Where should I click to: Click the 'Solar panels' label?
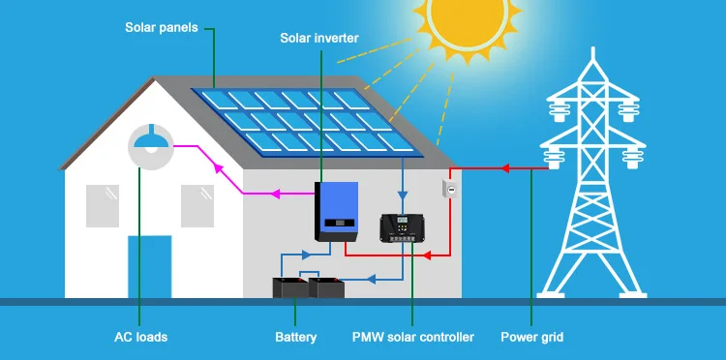click(161, 27)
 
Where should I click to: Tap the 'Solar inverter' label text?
click(319, 38)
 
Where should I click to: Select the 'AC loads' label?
click(140, 337)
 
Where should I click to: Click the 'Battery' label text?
click(296, 337)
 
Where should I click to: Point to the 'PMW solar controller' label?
click(413, 337)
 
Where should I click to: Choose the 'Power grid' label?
click(532, 337)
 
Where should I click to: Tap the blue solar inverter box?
click(337, 212)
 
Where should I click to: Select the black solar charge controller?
click(402, 227)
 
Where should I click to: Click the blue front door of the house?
click(149, 266)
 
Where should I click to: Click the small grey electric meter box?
click(450, 190)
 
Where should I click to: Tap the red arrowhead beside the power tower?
click(505, 168)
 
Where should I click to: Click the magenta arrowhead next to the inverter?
click(276, 194)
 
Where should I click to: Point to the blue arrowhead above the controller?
click(403, 195)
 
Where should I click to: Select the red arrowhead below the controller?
click(428, 255)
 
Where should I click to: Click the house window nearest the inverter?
click(197, 206)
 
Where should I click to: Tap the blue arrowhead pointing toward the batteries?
click(371, 279)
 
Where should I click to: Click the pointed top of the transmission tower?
click(593, 47)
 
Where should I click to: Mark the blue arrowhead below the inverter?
click(306, 255)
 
